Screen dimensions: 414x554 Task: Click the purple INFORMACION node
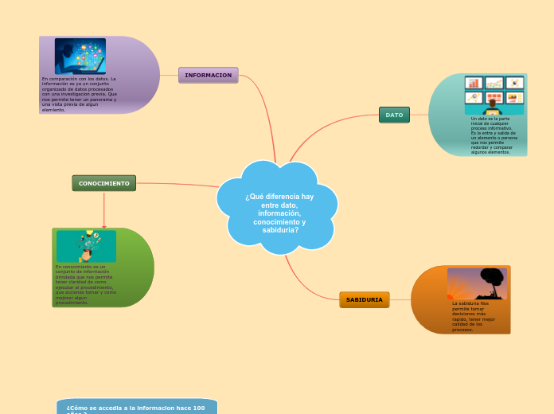tap(208, 75)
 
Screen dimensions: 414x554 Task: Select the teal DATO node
tap(394, 115)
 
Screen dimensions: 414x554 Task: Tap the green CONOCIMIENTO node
tap(103, 183)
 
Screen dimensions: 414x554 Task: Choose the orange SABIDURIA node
tap(364, 299)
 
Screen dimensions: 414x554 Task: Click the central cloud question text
tap(279, 213)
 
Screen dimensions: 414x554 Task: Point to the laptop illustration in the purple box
tap(80, 56)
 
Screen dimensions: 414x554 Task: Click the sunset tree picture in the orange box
tap(476, 283)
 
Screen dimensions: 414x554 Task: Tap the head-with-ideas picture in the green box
tap(86, 245)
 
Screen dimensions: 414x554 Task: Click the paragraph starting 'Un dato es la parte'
tap(494, 135)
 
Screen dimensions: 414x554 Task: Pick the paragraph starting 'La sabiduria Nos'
tap(474, 316)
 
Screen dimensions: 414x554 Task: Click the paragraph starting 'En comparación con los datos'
tap(79, 94)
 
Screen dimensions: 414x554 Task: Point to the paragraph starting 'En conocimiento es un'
tap(86, 284)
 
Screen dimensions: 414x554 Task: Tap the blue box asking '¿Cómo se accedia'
tap(136, 407)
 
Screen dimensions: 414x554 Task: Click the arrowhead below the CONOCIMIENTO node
tap(103, 226)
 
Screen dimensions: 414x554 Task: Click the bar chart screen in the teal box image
tap(474, 83)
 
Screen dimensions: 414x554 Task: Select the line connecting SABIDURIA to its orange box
tap(400, 299)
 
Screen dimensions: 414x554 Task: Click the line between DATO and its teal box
tap(419, 115)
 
